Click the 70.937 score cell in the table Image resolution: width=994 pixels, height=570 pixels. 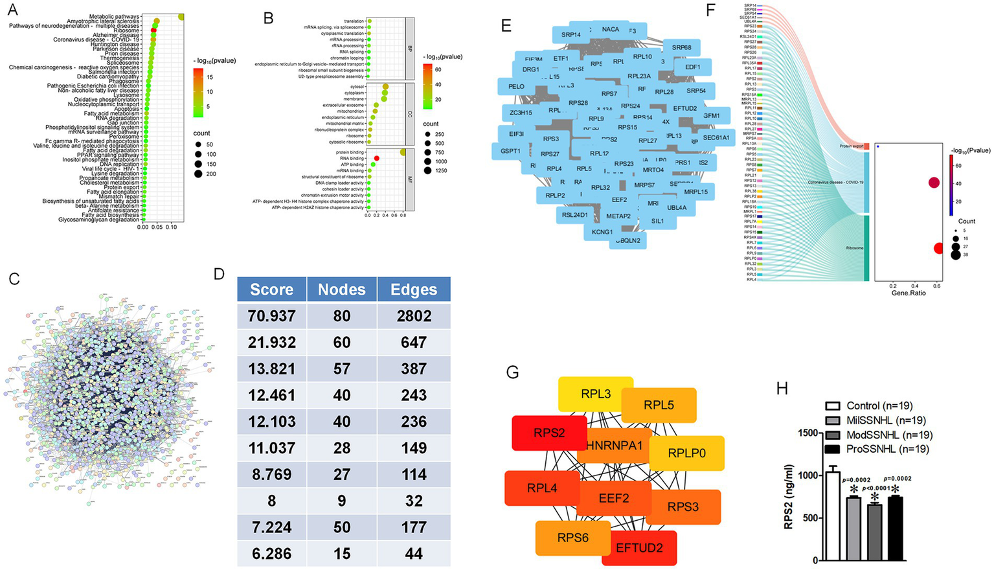click(271, 316)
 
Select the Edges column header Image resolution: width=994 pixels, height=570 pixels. click(414, 290)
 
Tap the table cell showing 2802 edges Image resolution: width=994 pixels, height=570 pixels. click(414, 316)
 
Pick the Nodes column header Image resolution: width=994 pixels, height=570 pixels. click(342, 290)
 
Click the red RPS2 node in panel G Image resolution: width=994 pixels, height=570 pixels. click(548, 433)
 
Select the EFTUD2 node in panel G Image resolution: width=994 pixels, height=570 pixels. click(639, 548)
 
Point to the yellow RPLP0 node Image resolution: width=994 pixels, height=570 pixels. click(686, 453)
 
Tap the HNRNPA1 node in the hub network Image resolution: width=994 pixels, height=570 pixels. click(614, 446)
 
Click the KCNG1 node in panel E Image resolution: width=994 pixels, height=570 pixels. click(602, 232)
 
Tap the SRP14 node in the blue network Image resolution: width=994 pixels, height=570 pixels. click(570, 35)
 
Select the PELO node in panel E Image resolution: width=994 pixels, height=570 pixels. click(516, 86)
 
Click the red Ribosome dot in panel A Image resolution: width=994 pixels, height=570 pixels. click(154, 30)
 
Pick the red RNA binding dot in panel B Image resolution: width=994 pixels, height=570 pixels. click(376, 158)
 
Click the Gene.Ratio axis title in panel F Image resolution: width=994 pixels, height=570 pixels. click(909, 293)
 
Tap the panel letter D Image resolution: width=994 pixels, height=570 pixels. click(219, 274)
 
